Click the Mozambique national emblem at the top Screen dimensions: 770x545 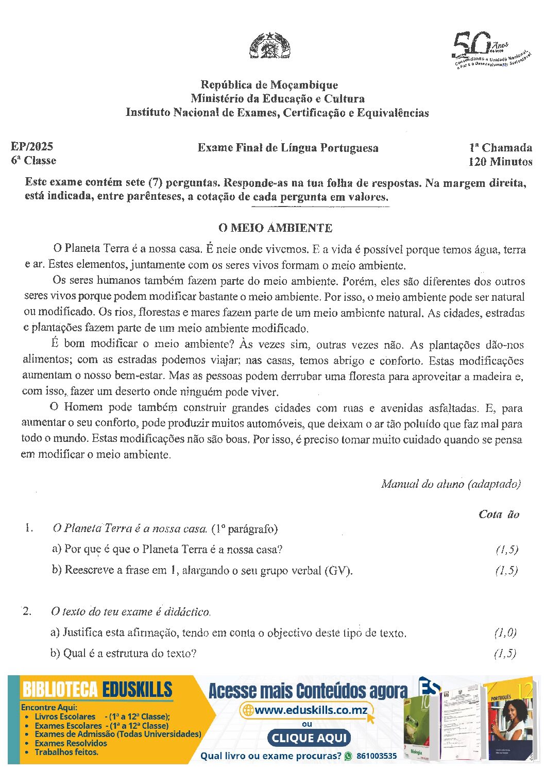click(270, 46)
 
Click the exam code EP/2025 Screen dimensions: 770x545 click(32, 146)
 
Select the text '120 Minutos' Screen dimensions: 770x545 click(500, 162)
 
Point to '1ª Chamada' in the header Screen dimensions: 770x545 click(500, 148)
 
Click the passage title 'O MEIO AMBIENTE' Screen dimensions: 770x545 click(276, 228)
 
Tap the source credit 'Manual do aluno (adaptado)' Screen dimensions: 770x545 click(451, 484)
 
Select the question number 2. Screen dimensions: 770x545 click(27, 611)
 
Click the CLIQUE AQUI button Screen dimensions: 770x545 click(309, 738)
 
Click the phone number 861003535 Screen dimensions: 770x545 click(377, 756)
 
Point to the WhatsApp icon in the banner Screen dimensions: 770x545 click(348, 756)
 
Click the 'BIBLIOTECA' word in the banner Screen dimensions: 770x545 click(60, 690)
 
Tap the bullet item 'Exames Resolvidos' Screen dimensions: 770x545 click(71, 743)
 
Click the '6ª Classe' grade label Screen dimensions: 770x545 click(33, 160)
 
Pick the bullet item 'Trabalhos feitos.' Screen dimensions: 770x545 click(66, 752)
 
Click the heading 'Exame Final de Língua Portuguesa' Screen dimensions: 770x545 click(288, 148)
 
